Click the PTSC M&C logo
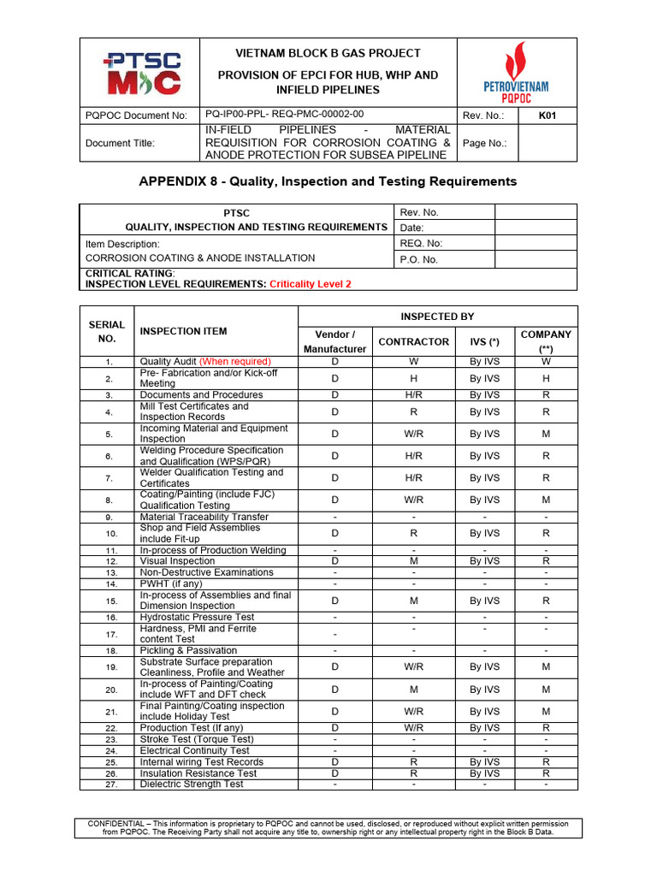(x=141, y=73)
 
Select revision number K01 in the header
(x=546, y=115)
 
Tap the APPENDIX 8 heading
(x=328, y=181)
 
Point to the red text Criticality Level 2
(x=311, y=283)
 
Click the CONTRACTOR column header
(x=413, y=341)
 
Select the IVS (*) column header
(x=485, y=341)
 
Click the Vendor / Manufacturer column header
(x=335, y=341)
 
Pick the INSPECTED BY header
(x=437, y=317)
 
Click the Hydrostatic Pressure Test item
(x=197, y=617)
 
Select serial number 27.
(x=109, y=784)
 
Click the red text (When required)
(x=234, y=361)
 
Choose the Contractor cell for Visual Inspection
(x=413, y=561)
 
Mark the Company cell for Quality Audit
(x=546, y=361)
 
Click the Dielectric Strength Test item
(x=192, y=784)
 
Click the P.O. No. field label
(x=418, y=259)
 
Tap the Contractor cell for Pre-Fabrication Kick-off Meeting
(x=413, y=378)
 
